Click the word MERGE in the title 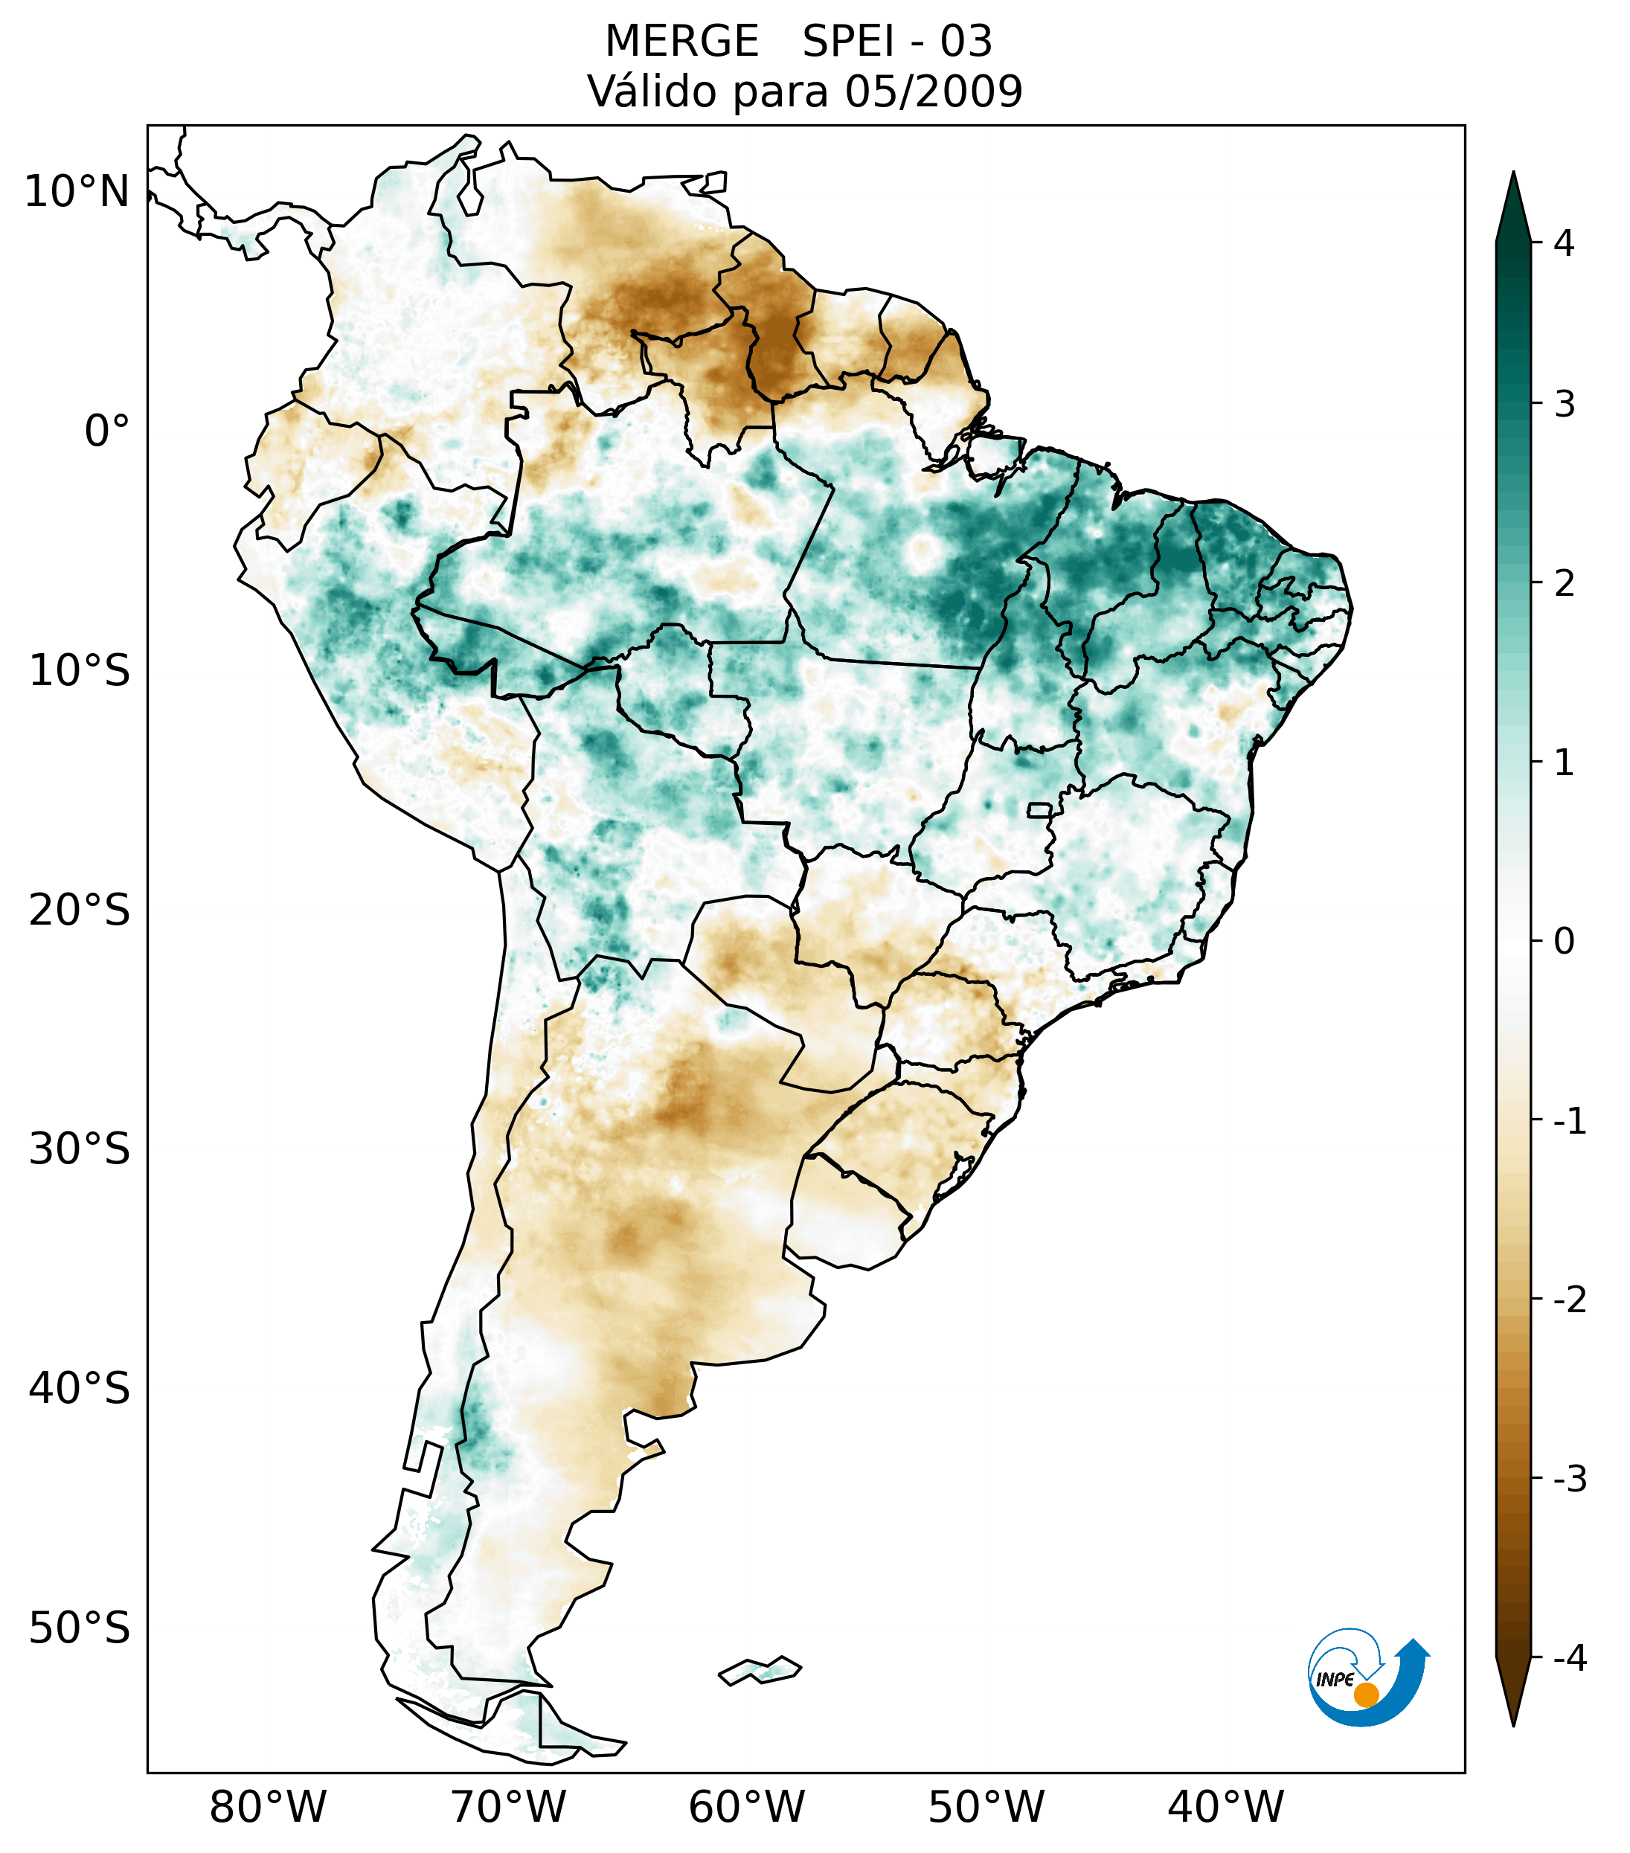click(x=681, y=42)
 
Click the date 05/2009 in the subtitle click(x=933, y=91)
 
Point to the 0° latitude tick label click(x=107, y=431)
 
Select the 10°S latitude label click(x=80, y=671)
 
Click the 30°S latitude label click(x=80, y=1149)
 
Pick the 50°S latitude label click(x=80, y=1628)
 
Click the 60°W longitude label click(x=746, y=1807)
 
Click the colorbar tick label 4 click(x=1564, y=243)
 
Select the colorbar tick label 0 click(x=1564, y=942)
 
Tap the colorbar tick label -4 click(x=1569, y=1658)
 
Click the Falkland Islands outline click(x=760, y=1669)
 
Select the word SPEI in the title click(x=847, y=42)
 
